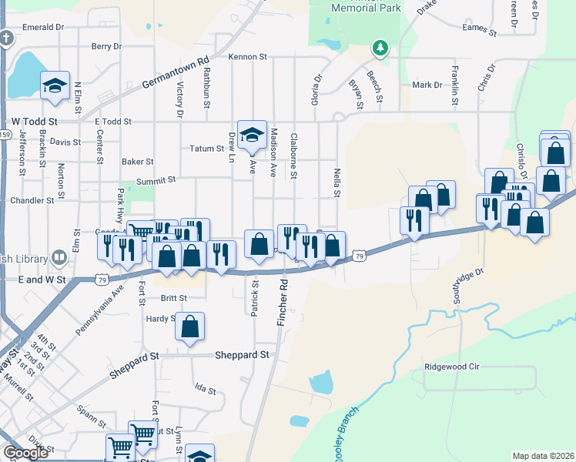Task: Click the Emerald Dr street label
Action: click(42, 27)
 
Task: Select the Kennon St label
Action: click(247, 57)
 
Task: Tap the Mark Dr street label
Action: click(427, 85)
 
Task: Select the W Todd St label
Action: click(35, 122)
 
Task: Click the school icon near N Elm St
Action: click(55, 86)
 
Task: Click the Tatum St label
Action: click(206, 148)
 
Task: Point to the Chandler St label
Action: click(32, 199)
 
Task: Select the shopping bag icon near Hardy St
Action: click(189, 326)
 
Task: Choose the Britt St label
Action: click(174, 297)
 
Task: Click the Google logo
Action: click(26, 453)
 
